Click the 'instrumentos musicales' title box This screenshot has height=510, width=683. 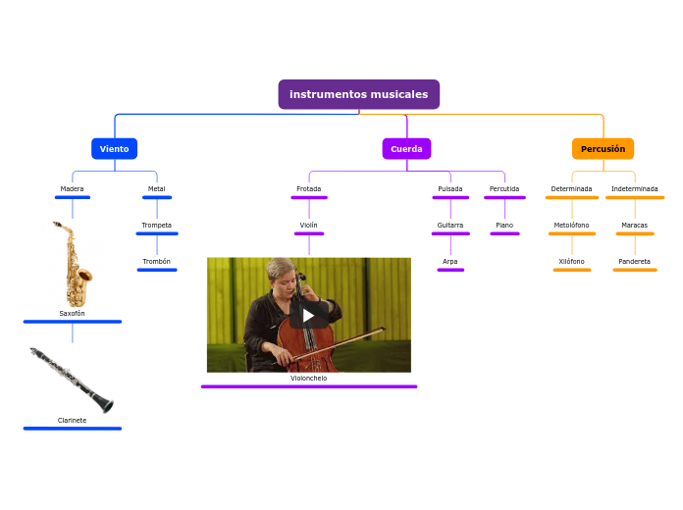[358, 94]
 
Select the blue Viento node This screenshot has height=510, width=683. [114, 149]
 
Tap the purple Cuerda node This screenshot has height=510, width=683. [406, 149]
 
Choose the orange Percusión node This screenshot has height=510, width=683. [603, 149]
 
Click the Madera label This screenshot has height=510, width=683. [72, 188]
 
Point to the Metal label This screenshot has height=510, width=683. [156, 188]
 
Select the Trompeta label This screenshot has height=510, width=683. [156, 225]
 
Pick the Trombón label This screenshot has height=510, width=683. [156, 261]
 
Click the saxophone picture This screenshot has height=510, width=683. [73, 263]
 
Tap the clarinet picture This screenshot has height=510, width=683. [72, 380]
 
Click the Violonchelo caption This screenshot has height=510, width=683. [308, 378]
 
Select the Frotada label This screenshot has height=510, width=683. [308, 188]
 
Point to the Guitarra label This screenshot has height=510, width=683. [449, 225]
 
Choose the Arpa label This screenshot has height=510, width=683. [449, 261]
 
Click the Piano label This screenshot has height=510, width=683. [503, 225]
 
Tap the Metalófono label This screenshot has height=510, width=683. [571, 225]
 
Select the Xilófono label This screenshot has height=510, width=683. [571, 261]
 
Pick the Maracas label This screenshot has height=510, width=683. [634, 225]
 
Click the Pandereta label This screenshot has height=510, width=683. [634, 261]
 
